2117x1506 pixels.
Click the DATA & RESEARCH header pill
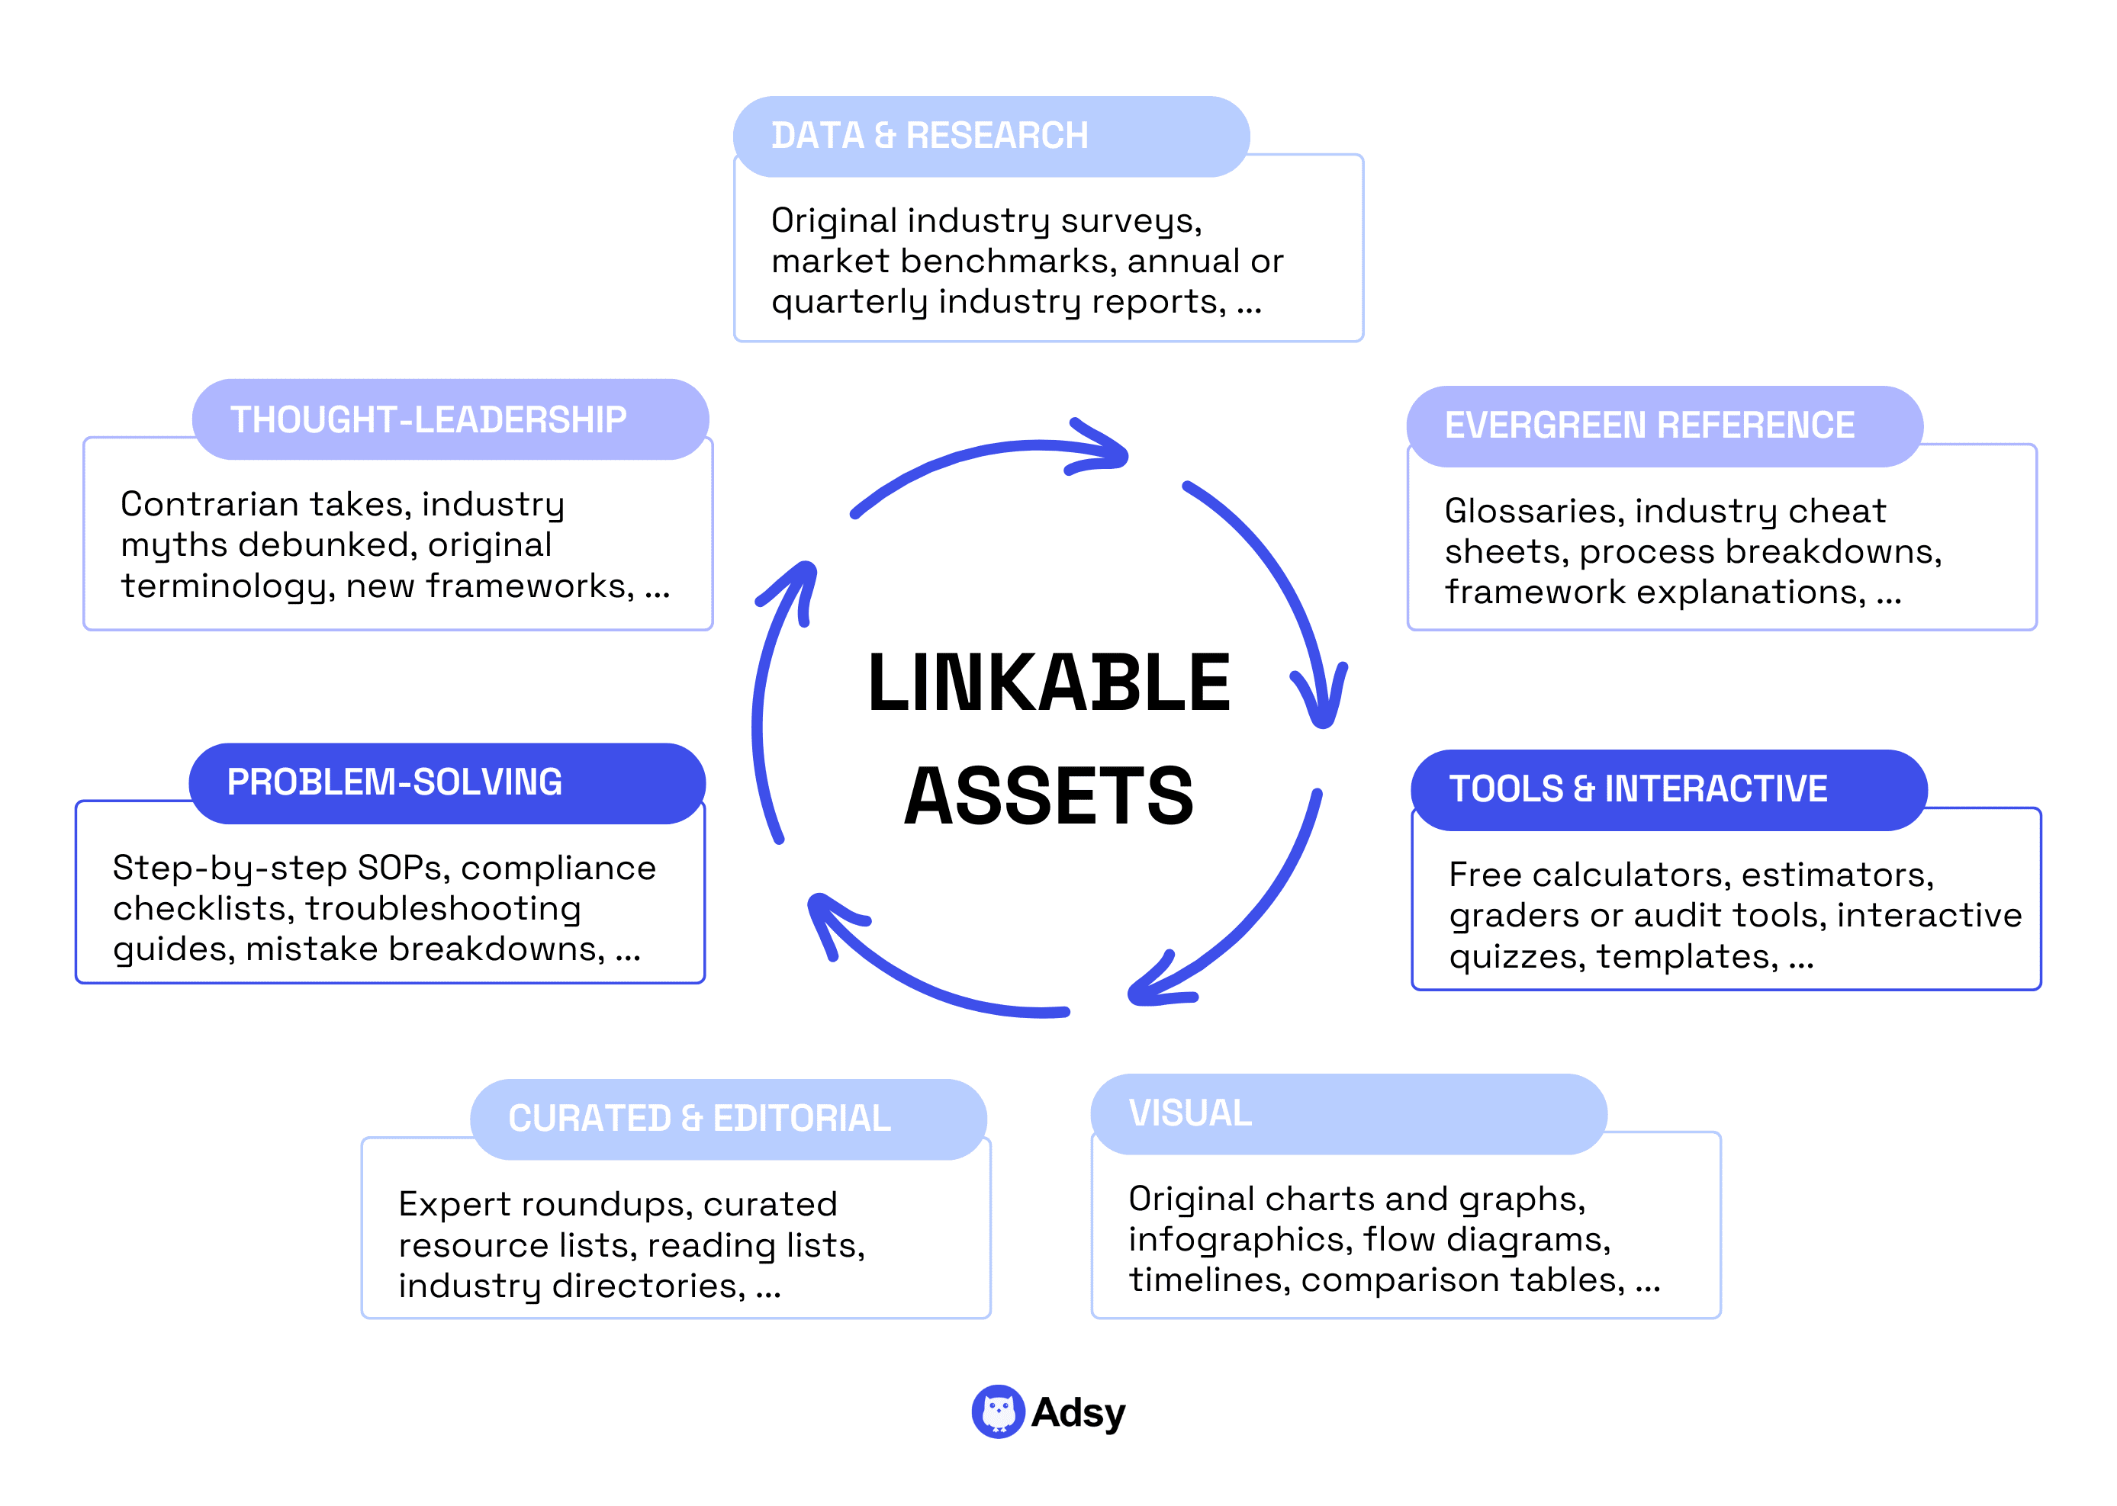pos(990,136)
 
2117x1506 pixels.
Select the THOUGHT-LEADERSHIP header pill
pos(450,419)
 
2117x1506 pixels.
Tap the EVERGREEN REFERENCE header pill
pos(1663,425)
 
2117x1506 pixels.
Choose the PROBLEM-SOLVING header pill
pos(446,782)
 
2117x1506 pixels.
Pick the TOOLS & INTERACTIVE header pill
pos(1668,789)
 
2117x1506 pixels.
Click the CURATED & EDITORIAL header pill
pos(727,1119)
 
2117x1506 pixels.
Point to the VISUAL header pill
pos(1347,1114)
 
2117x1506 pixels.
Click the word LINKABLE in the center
pos(1048,683)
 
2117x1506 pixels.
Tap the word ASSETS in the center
pos(1048,795)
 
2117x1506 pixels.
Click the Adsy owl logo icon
pos(997,1411)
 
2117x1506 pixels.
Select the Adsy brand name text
pos(1078,1412)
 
